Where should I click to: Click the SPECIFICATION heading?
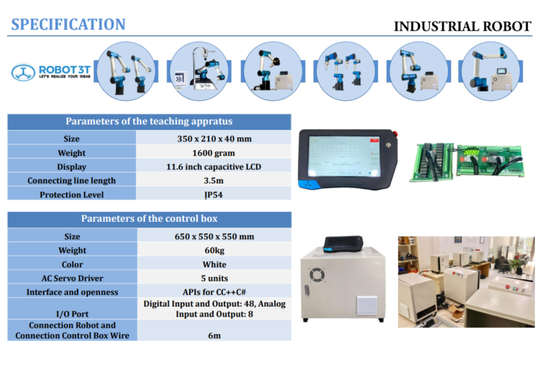coord(68,24)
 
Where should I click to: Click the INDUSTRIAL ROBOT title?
coord(462,27)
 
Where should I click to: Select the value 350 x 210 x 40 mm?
coord(214,139)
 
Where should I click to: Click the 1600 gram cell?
coord(214,153)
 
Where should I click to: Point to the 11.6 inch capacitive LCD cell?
coord(214,167)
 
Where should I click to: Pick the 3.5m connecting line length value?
coord(214,181)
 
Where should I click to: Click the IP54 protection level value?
coord(214,194)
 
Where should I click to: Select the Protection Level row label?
coord(72,194)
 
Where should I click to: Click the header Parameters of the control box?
coord(149,218)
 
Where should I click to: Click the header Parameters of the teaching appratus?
coord(149,121)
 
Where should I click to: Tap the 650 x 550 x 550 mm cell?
coord(214,236)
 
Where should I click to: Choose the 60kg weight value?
coord(214,250)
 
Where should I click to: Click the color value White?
coord(214,264)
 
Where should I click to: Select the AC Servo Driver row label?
coord(72,278)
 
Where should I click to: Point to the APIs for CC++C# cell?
coord(214,292)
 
